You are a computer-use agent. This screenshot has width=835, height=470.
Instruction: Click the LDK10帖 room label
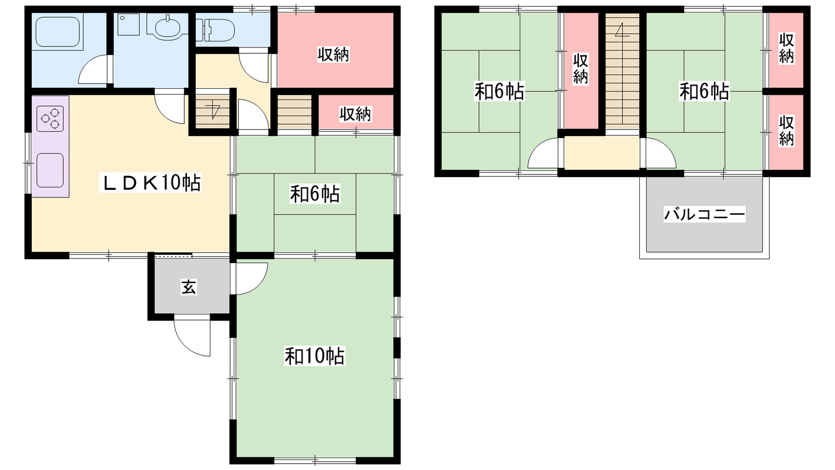click(x=150, y=183)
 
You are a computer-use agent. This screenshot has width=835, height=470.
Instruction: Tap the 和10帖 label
click(x=315, y=356)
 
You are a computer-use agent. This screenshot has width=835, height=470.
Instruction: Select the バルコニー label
click(x=704, y=215)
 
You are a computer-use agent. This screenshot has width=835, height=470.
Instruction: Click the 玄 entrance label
click(x=188, y=287)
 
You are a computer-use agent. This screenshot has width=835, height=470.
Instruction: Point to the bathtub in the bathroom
click(x=57, y=32)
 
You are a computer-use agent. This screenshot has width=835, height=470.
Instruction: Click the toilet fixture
click(x=215, y=30)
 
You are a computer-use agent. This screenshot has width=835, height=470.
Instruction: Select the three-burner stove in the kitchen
click(x=50, y=119)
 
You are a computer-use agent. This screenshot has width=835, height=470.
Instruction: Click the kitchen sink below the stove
click(x=50, y=170)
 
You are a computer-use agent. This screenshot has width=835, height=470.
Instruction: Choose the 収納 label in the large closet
click(x=333, y=55)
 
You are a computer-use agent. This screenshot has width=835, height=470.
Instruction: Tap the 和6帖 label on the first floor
click(x=315, y=194)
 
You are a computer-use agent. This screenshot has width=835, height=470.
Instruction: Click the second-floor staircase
click(x=622, y=72)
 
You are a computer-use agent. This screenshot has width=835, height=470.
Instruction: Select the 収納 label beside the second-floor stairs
click(x=580, y=68)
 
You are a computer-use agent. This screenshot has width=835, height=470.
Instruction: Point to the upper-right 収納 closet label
click(x=786, y=48)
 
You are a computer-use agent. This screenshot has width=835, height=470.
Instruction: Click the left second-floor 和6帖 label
click(x=499, y=91)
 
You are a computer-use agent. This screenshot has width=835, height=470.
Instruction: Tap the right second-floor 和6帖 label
click(x=704, y=91)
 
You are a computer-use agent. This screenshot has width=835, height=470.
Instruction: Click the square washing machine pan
click(x=128, y=25)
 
